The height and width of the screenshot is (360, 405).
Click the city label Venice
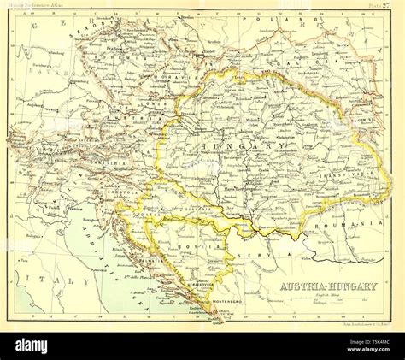point(75,208)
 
